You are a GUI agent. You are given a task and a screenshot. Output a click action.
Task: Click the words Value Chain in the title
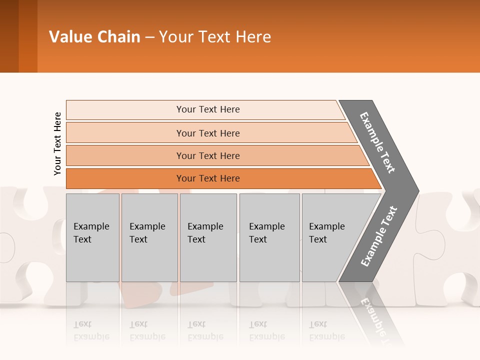[94, 37]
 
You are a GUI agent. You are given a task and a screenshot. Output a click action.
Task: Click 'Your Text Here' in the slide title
[215, 37]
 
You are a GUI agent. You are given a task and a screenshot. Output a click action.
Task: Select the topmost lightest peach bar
[125, 109]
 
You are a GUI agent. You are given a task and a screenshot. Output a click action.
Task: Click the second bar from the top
[125, 133]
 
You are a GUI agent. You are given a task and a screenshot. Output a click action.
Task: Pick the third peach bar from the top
[125, 155]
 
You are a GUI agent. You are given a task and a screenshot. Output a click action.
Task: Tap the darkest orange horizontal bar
[125, 178]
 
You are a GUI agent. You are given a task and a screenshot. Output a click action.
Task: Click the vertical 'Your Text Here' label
[57, 143]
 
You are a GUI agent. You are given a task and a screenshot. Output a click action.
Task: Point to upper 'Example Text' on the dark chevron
[377, 142]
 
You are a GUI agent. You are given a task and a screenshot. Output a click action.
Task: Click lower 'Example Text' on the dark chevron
[379, 236]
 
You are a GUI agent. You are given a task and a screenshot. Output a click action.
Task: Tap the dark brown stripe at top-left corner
[9, 36]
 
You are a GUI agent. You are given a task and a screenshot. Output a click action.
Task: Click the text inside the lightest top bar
[208, 109]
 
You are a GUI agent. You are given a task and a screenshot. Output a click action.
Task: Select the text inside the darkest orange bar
[208, 178]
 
